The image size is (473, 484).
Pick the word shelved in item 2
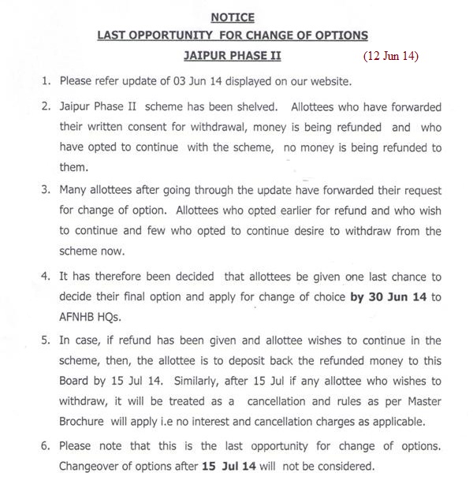pos(255,106)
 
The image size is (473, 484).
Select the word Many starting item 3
pos(73,190)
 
